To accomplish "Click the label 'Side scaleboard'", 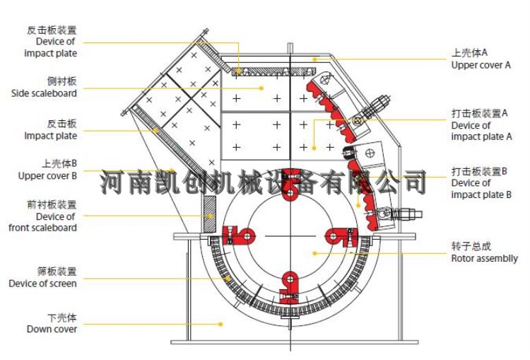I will [44, 93].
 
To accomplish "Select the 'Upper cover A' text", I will [481, 65].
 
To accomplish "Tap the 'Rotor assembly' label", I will [484, 259].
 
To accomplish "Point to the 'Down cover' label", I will [52, 329].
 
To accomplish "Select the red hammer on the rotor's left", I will [238, 236].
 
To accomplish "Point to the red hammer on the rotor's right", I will [340, 236].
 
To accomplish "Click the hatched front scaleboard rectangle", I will [209, 212].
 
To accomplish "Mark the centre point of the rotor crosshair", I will [289, 236].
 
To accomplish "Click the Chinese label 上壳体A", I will [470, 53].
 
